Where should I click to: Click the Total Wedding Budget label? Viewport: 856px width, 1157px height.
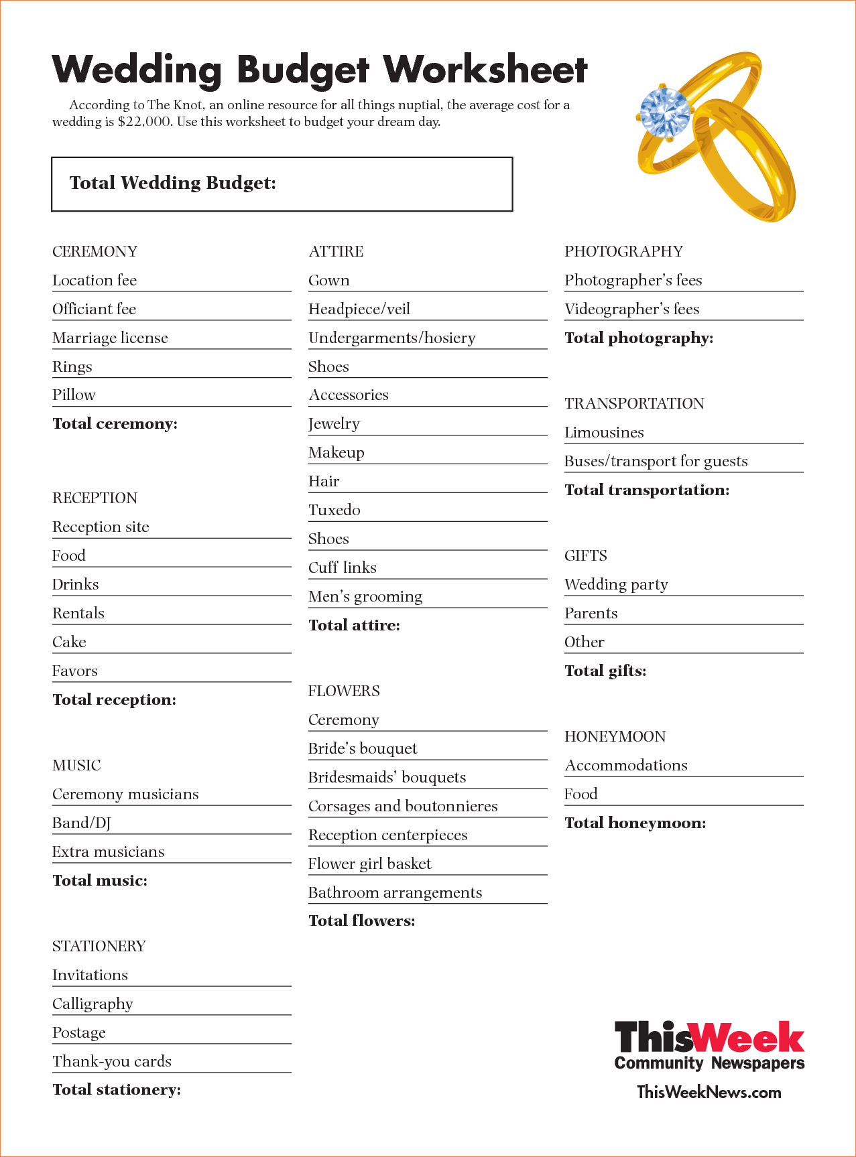tap(172, 183)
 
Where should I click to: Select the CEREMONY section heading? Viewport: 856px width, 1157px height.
tap(95, 251)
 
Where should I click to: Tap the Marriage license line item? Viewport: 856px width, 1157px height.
tap(110, 338)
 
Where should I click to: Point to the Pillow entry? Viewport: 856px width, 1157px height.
tap(74, 395)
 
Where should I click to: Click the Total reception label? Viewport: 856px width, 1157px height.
tap(114, 699)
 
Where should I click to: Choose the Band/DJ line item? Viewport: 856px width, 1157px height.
tap(81, 823)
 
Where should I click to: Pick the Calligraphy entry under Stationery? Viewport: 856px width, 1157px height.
tap(93, 1004)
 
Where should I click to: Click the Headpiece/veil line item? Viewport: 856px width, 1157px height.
tap(359, 309)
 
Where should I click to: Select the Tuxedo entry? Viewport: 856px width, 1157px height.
tap(334, 510)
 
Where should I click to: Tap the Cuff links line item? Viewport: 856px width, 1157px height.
tap(342, 567)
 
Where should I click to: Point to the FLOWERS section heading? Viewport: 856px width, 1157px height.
tap(343, 691)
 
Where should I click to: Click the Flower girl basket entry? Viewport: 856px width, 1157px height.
tap(369, 864)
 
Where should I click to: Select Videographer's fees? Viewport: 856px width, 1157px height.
tap(631, 309)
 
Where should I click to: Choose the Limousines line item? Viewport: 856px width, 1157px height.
tap(603, 432)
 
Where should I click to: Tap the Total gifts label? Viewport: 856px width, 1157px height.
tap(605, 671)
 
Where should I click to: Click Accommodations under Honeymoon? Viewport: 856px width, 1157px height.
tap(625, 765)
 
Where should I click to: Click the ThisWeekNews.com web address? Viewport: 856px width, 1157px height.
tap(709, 1092)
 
